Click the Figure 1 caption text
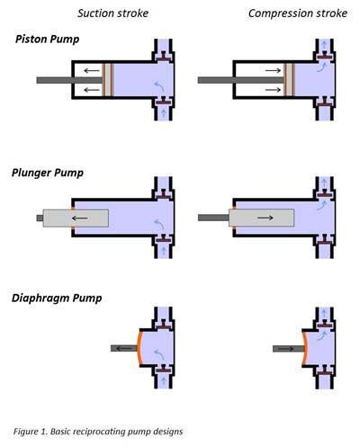[98, 432]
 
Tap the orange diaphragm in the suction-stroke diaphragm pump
[138, 348]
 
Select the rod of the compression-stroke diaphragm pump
[287, 349]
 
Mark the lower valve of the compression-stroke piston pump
[325, 104]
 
